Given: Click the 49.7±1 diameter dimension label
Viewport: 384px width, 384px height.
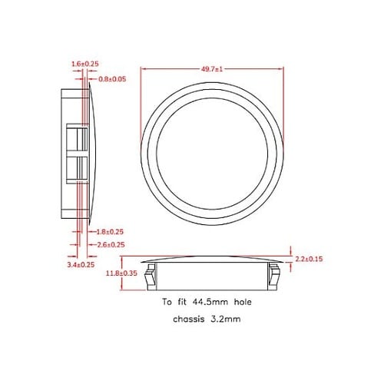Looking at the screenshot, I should pyautogui.click(x=212, y=69).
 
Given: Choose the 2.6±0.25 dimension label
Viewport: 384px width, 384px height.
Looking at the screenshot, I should pyautogui.click(x=111, y=244).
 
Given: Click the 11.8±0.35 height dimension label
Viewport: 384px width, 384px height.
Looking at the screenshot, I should pyautogui.click(x=121, y=273).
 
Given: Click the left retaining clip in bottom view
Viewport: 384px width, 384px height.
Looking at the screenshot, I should pyautogui.click(x=153, y=274).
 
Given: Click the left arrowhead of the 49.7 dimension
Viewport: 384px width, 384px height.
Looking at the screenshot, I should pyautogui.click(x=144, y=69).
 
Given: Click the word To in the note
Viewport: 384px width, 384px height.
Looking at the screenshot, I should pyautogui.click(x=167, y=303).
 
